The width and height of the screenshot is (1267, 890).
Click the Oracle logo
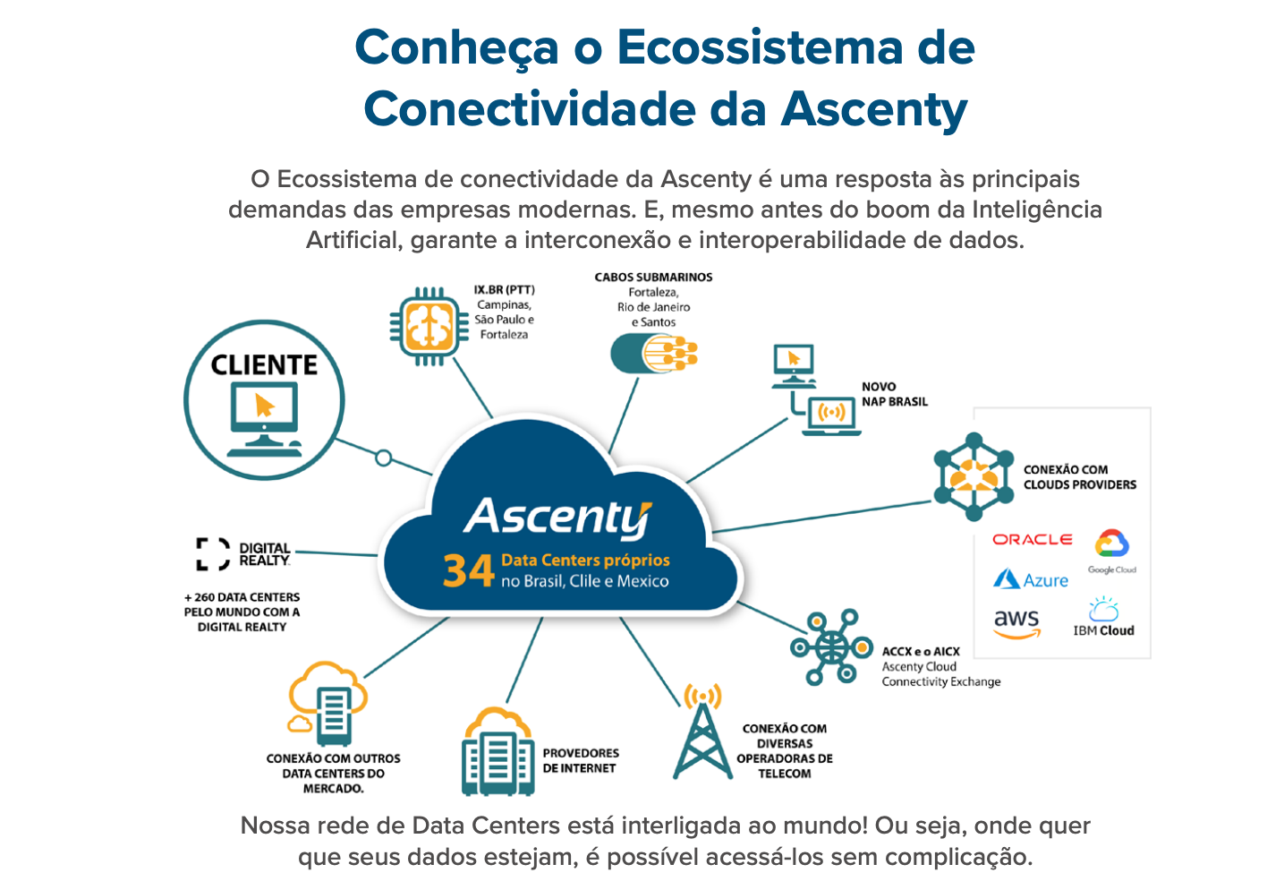tap(1033, 540)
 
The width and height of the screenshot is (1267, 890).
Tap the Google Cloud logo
tap(1112, 552)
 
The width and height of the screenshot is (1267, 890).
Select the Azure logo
tap(1031, 579)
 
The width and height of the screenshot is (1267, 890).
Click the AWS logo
tap(1017, 624)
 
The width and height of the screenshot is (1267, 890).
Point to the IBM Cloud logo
tap(1103, 617)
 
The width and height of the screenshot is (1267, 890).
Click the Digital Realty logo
tap(243, 553)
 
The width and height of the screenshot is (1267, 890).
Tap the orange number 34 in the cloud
tap(469, 570)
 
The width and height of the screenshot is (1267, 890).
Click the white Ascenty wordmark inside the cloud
tap(557, 518)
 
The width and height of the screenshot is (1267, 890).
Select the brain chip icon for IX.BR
tap(429, 327)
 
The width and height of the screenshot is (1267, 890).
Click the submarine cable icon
tap(654, 354)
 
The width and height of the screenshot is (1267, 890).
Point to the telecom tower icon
tap(702, 732)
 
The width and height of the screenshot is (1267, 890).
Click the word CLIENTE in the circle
tap(264, 365)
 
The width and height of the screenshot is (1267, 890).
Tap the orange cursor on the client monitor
tap(264, 406)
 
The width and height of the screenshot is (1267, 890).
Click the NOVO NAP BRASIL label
tap(895, 394)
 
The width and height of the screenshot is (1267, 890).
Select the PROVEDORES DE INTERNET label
tap(581, 760)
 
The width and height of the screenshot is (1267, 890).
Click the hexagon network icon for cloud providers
tap(974, 476)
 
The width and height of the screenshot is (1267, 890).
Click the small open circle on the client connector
tap(384, 458)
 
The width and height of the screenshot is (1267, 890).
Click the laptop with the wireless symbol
tap(831, 416)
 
